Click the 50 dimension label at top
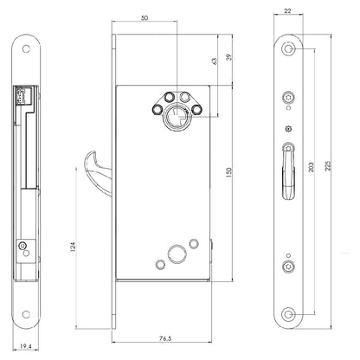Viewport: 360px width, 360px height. click(x=145, y=18)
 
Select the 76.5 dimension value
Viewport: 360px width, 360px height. click(x=165, y=338)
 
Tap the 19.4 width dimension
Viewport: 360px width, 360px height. click(x=26, y=346)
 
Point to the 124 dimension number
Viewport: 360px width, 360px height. click(x=73, y=247)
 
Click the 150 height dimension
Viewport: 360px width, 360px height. click(x=229, y=172)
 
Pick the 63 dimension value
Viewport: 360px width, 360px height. click(x=214, y=61)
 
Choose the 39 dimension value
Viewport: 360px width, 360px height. click(x=229, y=57)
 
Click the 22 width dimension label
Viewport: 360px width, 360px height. click(x=287, y=11)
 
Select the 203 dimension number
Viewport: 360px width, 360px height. click(x=311, y=167)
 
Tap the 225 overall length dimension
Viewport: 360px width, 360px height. click(x=328, y=166)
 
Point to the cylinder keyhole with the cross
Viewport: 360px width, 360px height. click(x=177, y=118)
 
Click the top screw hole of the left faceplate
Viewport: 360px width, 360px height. click(x=26, y=48)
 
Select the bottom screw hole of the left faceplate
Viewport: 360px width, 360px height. click(x=26, y=314)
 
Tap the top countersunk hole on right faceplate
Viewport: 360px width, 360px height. click(x=288, y=48)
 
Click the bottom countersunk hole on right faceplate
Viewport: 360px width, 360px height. click(x=288, y=314)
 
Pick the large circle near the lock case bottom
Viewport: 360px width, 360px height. click(x=177, y=254)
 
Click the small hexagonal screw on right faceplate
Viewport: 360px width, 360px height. click(x=288, y=129)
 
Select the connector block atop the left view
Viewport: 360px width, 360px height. click(x=21, y=94)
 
